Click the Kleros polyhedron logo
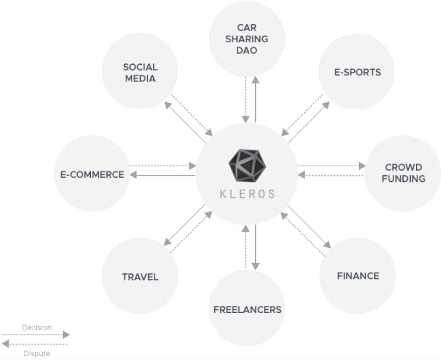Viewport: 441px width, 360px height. [248, 166]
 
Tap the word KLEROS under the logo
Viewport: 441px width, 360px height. [248, 194]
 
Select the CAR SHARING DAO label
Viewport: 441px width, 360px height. [247, 39]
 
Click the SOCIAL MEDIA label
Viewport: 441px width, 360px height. [140, 72]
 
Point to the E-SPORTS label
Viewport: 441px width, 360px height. [357, 72]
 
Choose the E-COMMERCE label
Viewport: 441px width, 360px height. [92, 175]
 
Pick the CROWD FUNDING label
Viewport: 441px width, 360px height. [404, 173]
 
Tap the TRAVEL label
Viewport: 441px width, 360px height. [140, 277]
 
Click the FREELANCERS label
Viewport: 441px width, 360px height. [248, 310]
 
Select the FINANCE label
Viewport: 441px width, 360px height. [358, 276]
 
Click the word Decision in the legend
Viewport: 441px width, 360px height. [37, 327]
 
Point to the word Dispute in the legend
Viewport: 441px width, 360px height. [37, 353]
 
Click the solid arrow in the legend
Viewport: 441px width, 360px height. [36, 334]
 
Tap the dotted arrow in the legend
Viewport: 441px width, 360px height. [34, 344]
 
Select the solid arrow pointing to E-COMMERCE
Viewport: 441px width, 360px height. [163, 175]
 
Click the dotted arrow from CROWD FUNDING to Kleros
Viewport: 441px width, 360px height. [331, 175]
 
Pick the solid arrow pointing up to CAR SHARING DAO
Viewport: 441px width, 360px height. [255, 99]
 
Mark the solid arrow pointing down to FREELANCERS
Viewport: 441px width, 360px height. [255, 247]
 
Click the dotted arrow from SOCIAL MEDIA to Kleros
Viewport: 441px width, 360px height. [192, 115]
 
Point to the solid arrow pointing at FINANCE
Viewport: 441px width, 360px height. [309, 227]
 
